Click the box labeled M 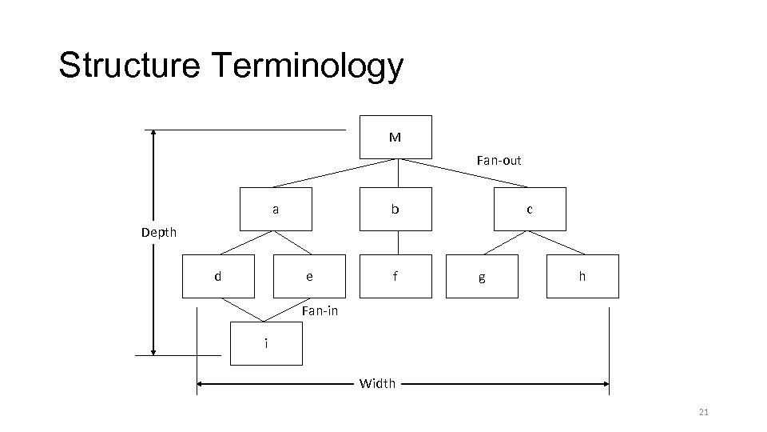click(395, 137)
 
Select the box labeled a click(276, 209)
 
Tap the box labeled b click(395, 209)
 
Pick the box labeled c click(530, 209)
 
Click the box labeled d click(218, 276)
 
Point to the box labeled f click(395, 276)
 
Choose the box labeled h click(582, 276)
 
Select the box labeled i click(266, 342)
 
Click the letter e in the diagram click(309, 277)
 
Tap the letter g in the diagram click(479, 278)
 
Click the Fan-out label click(499, 161)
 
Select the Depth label click(159, 233)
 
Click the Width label click(377, 384)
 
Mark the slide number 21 click(704, 412)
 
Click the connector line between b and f click(397, 242)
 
